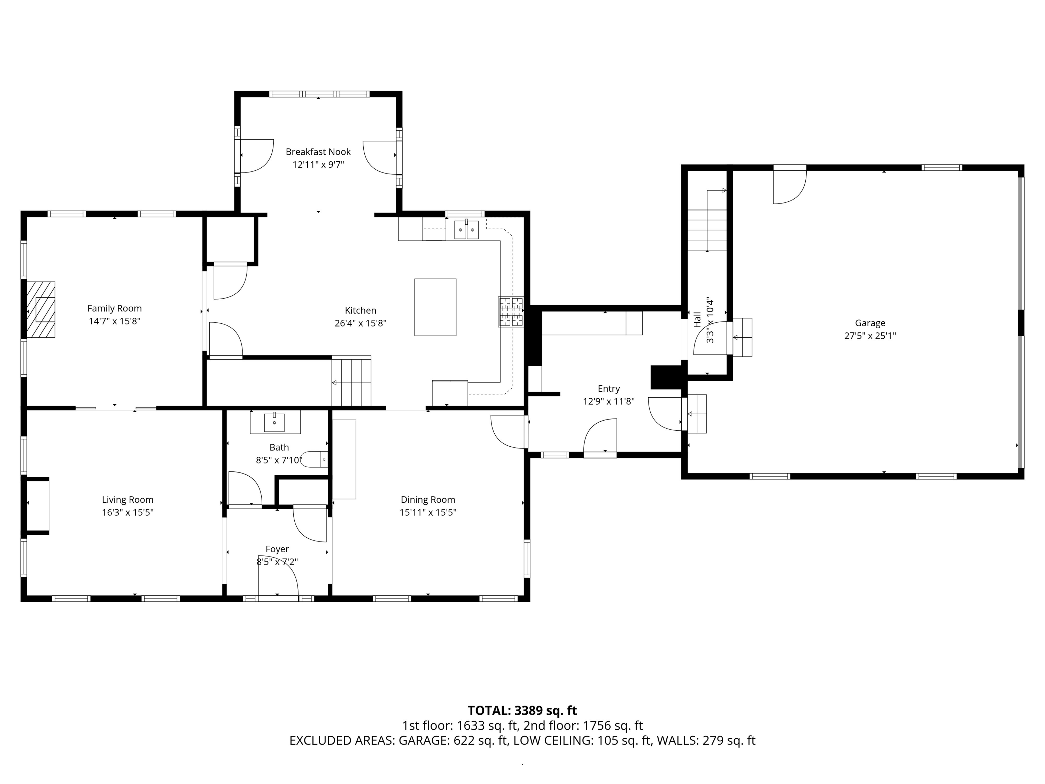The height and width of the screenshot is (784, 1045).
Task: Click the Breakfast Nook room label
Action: coord(318,152)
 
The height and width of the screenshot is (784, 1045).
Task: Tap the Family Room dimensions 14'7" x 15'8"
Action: coord(115,321)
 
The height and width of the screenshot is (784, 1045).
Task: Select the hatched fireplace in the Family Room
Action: coord(41,309)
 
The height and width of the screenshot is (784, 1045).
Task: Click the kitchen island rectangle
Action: coord(435,307)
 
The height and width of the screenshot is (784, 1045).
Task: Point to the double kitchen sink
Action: coord(466,230)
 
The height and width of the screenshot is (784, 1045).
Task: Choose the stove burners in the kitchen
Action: coord(511,312)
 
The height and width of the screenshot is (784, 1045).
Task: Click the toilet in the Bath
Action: coord(314,459)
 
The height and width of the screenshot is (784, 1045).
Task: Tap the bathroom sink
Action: coord(274,422)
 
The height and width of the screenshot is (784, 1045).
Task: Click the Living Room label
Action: coord(127,500)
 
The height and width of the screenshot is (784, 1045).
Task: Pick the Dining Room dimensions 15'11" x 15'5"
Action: coord(428,512)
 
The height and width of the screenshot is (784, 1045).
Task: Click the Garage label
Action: coord(870,323)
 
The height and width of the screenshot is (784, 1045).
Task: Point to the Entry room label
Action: coord(609,389)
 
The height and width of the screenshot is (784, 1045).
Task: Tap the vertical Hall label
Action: coord(697,320)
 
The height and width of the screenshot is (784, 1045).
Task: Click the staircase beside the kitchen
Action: coord(351,381)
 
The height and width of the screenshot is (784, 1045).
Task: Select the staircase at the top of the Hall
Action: coord(707,230)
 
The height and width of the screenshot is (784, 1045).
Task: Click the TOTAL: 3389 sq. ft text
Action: coord(522,711)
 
